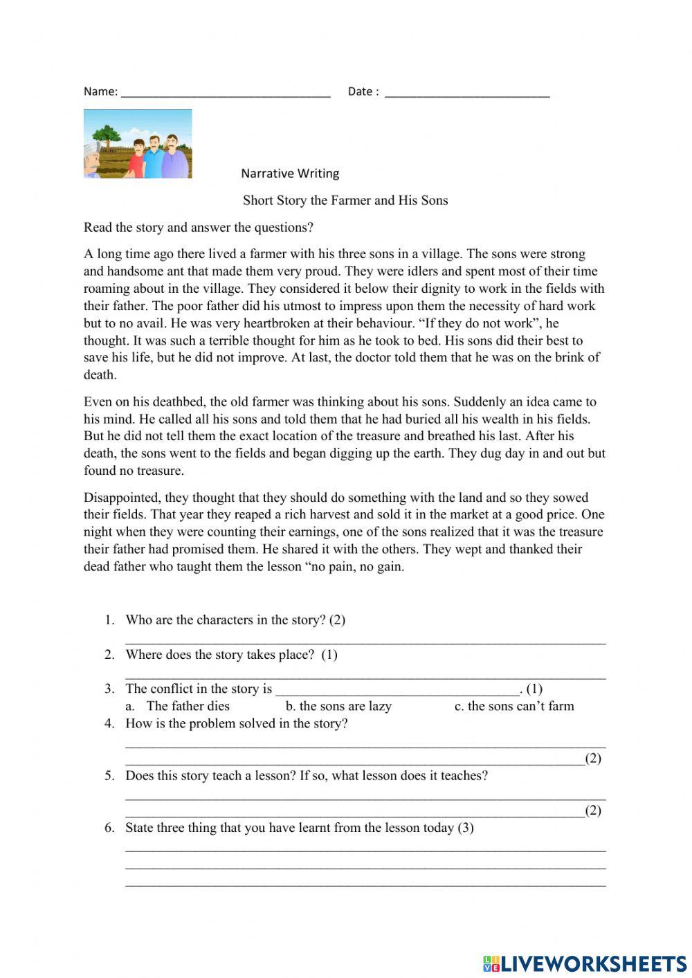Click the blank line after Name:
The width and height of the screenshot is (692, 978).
(226, 96)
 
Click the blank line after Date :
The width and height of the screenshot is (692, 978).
(467, 96)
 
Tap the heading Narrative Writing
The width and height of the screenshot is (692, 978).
(290, 173)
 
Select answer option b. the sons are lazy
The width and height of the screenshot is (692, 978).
(338, 706)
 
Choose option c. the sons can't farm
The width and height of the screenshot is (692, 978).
(514, 706)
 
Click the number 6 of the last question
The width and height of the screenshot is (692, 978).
(109, 828)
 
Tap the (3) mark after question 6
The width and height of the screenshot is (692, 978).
(466, 828)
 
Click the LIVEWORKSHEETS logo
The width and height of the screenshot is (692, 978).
(584, 963)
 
